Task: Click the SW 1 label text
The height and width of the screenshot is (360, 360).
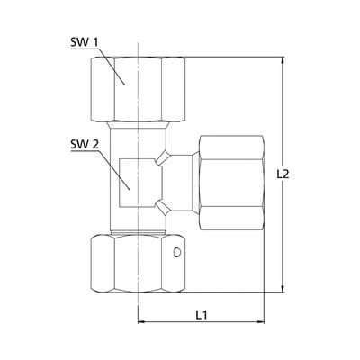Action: point(85,42)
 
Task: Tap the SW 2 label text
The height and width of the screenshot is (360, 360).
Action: point(85,145)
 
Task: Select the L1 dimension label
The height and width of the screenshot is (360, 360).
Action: point(202,315)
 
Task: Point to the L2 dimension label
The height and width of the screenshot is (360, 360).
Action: point(283,175)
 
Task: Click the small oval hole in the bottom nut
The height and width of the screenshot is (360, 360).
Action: point(177,252)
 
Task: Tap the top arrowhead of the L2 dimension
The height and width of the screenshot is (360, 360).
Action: point(283,61)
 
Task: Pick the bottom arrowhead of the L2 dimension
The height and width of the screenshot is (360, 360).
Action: point(283,288)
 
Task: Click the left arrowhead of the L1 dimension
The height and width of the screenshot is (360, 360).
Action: point(141,322)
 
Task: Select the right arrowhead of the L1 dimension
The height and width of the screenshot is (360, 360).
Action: point(260,322)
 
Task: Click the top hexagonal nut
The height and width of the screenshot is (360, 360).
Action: point(138,89)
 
